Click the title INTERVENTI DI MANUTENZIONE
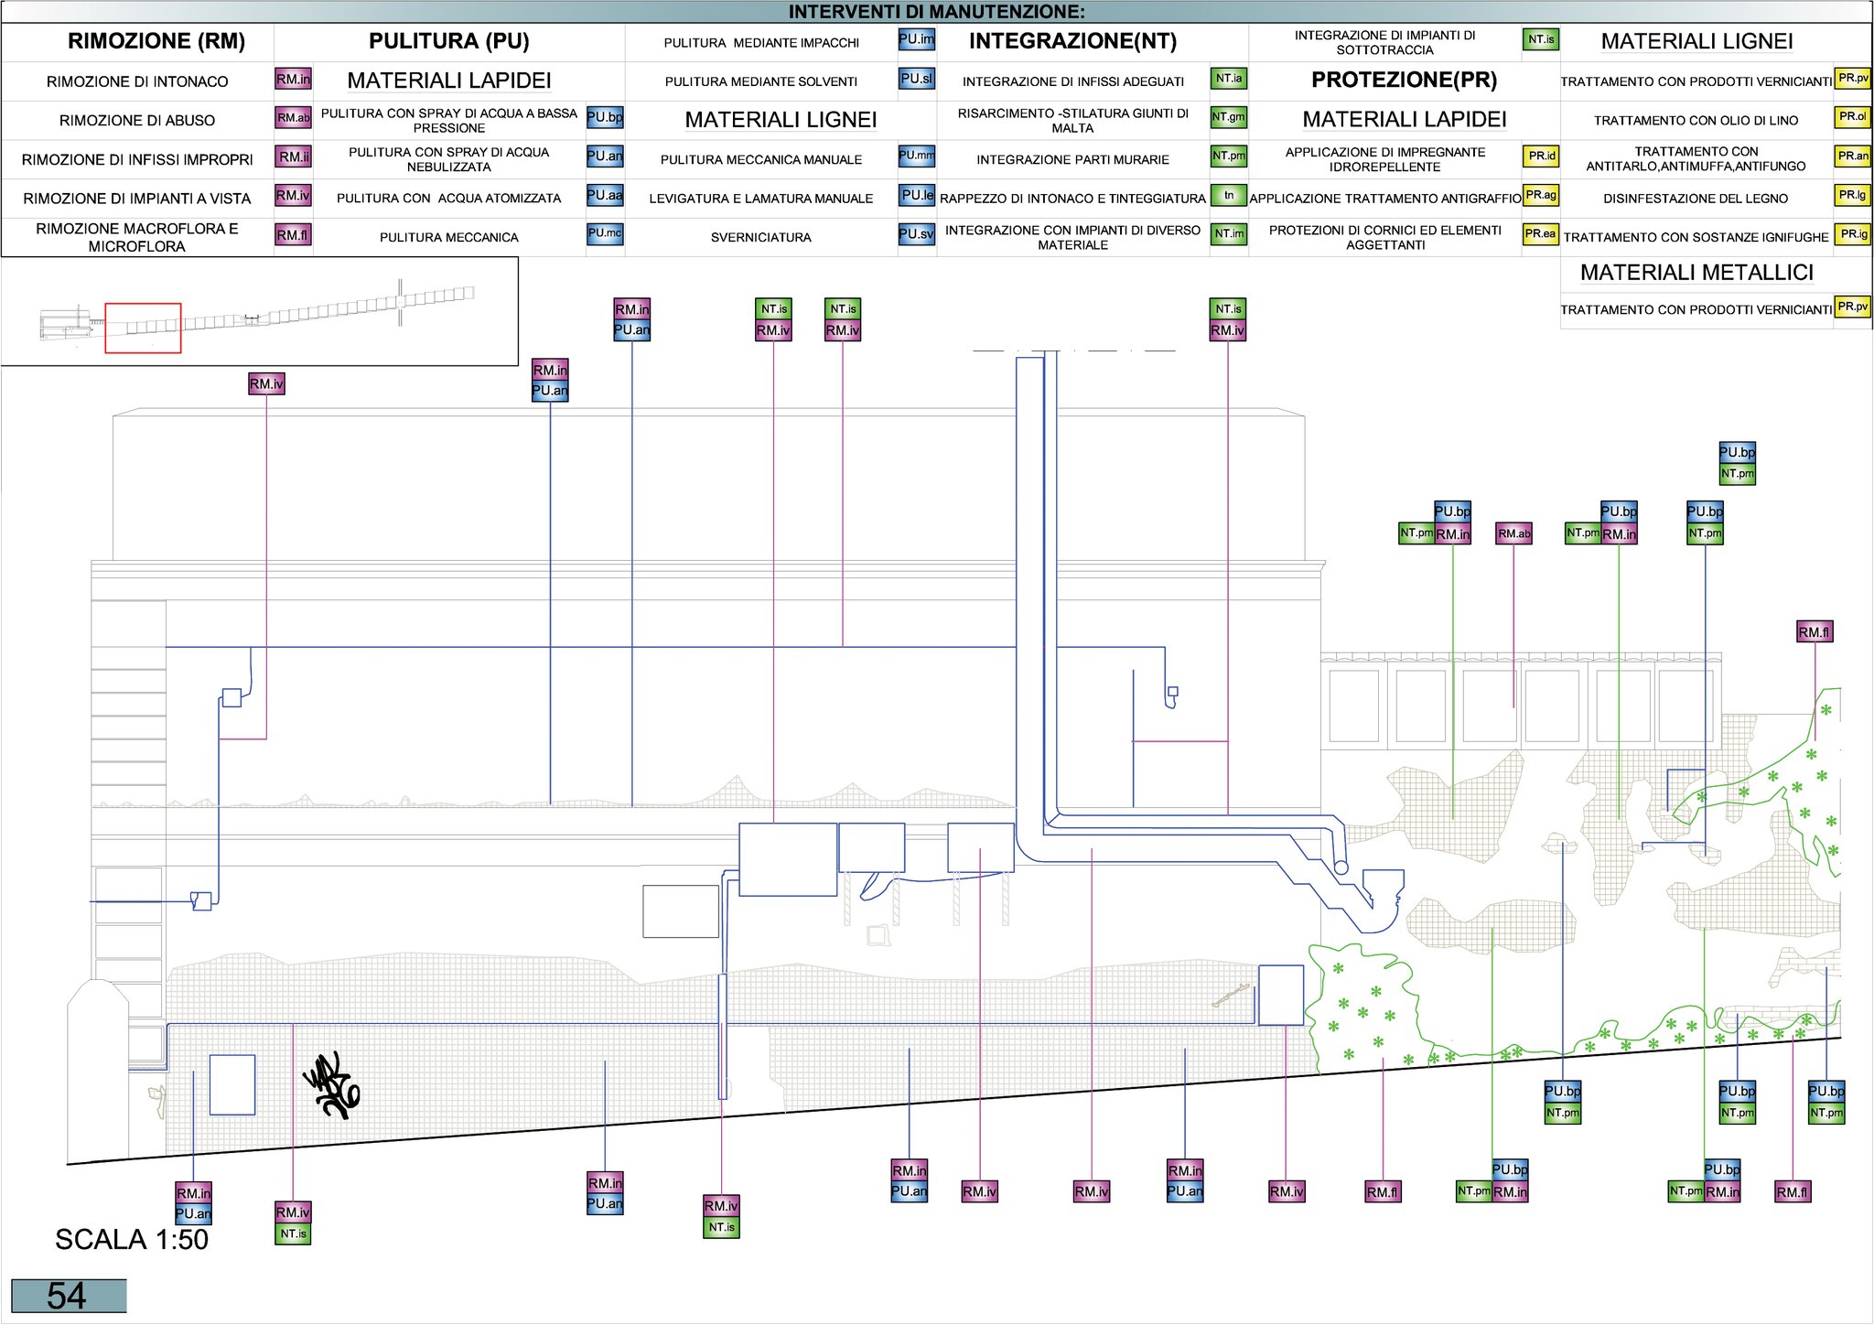[x=936, y=12]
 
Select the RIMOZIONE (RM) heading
[x=156, y=41]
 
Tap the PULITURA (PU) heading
[x=448, y=41]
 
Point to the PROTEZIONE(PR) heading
[x=1404, y=80]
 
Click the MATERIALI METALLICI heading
[x=1696, y=273]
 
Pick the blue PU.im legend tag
[x=916, y=39]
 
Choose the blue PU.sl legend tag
[x=916, y=79]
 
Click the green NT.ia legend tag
[x=1229, y=79]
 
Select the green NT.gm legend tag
[x=1229, y=117]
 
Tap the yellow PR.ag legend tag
[x=1541, y=195]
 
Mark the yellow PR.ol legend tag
[x=1853, y=117]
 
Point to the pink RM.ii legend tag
[x=294, y=156]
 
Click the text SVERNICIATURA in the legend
[x=761, y=237]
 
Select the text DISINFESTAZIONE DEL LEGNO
[x=1696, y=198]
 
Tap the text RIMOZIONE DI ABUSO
[x=137, y=120]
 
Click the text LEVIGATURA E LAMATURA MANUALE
[x=761, y=198]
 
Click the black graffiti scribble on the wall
[x=331, y=1085]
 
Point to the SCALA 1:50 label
[x=132, y=1239]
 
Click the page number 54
[x=67, y=1296]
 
